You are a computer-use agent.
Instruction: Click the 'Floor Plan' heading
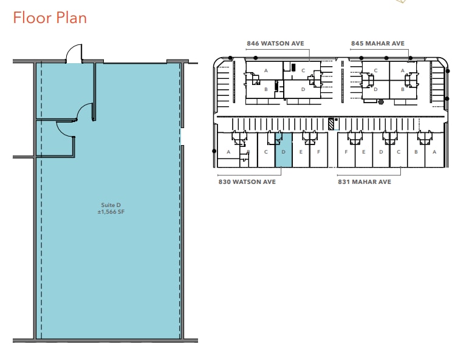[x=50, y=18]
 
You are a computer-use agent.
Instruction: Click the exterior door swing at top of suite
[x=74, y=55]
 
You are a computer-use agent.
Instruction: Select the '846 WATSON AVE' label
[x=275, y=44]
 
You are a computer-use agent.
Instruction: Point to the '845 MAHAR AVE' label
[x=377, y=44]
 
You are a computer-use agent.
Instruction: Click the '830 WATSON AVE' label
[x=247, y=182]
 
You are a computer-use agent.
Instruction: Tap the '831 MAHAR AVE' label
[x=364, y=182]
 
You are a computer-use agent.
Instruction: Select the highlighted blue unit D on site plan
[x=284, y=152]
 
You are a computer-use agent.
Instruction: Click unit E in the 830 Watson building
[x=301, y=152]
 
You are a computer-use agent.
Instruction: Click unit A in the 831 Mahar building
[x=434, y=152]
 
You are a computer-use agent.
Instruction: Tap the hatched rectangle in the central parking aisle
[x=331, y=123]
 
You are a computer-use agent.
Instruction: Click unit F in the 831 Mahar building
[x=346, y=152]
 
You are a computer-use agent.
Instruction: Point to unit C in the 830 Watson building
[x=266, y=152]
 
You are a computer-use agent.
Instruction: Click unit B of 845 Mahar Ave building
[x=403, y=89]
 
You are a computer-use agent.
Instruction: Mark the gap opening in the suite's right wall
[x=182, y=137]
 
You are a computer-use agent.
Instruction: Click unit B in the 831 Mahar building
[x=416, y=152]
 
